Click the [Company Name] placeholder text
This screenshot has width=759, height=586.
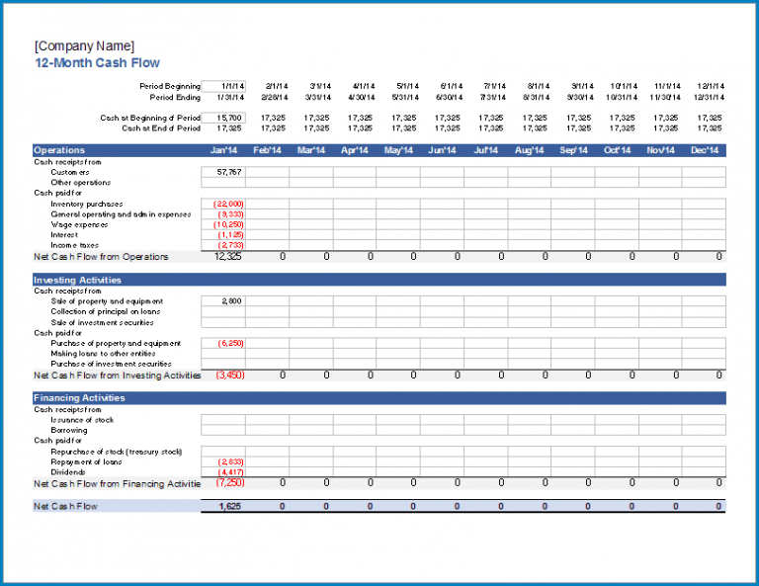(84, 46)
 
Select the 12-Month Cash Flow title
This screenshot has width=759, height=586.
(97, 62)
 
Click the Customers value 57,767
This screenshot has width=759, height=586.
(228, 172)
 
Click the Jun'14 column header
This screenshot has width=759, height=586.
(442, 150)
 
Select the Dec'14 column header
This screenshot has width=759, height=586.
(704, 150)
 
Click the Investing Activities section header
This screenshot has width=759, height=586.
(79, 281)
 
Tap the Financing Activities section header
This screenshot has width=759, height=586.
(79, 398)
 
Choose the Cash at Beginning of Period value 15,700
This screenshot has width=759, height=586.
(228, 118)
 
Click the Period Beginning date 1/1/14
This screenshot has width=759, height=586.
(233, 86)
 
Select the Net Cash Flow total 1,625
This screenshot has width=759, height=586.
(228, 506)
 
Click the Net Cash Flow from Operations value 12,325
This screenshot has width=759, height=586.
(228, 257)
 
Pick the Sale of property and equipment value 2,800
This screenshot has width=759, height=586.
(230, 301)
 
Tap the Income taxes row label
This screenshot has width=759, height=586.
(76, 245)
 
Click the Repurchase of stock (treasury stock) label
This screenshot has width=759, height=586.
(116, 452)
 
